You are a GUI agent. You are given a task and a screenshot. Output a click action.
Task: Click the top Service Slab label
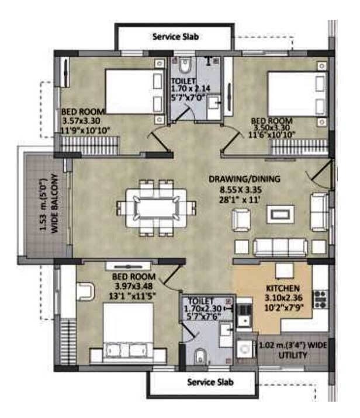pos(175,36)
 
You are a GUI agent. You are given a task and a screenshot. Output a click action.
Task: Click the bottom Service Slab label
pos(210,382)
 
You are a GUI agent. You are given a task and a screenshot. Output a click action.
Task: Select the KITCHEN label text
pos(283,288)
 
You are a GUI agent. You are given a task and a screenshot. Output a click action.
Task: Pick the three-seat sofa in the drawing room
pos(279,246)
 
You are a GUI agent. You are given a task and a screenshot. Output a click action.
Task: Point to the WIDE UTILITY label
pos(290,349)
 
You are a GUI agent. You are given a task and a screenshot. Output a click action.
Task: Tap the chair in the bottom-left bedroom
pos(85,291)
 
